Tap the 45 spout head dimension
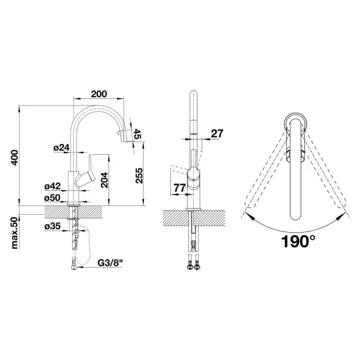[137, 134]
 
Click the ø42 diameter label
[53, 187]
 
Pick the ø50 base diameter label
[53, 197]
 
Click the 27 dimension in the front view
[217, 134]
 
